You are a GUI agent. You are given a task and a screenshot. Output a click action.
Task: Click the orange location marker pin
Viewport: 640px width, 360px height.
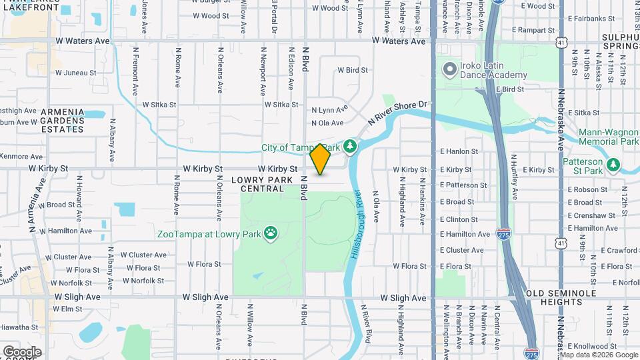point(321,159)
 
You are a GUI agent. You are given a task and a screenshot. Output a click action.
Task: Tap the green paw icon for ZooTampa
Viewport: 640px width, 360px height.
point(271,233)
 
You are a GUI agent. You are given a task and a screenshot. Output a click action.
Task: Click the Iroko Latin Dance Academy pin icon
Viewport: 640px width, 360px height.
point(450,69)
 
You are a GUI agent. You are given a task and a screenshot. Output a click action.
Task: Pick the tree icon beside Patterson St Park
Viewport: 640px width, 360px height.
point(613,163)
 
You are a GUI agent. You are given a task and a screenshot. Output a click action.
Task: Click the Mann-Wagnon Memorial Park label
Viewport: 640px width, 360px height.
point(609,137)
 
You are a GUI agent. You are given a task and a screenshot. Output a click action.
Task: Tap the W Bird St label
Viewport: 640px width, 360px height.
point(353,70)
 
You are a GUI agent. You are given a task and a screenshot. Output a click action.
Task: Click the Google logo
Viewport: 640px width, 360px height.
point(22,351)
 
